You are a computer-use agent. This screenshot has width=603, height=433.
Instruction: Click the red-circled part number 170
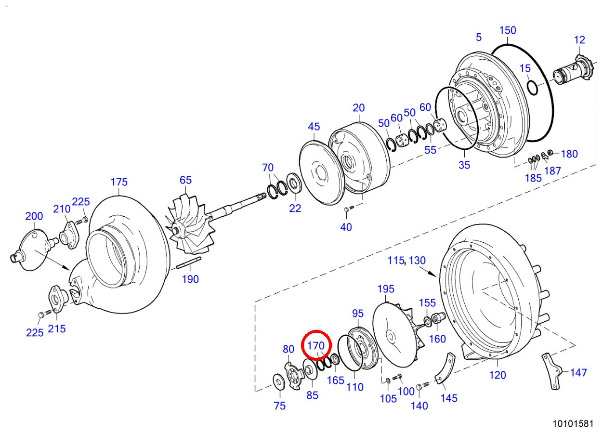pos(316,345)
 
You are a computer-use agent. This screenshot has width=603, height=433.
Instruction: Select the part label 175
pos(119,182)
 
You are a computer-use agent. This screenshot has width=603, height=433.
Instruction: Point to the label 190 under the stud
pos(190,279)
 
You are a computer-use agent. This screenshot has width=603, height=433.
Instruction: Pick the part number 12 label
pos(579,39)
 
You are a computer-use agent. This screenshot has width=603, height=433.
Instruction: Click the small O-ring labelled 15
pos(532,88)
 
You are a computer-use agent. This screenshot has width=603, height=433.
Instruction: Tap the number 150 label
pos(507,30)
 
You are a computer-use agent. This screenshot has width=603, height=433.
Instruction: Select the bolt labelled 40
pos(349,208)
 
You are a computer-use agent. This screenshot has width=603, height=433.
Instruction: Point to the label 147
pos(578,372)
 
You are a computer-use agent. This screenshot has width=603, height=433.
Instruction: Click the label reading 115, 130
pos(407,261)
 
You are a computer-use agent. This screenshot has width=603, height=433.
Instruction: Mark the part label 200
pos(34,216)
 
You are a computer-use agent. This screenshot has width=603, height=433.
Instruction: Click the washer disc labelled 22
pos(293,184)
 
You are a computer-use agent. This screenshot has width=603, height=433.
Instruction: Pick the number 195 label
pos(386,289)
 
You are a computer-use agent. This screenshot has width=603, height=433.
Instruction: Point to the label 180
pos(569,154)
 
